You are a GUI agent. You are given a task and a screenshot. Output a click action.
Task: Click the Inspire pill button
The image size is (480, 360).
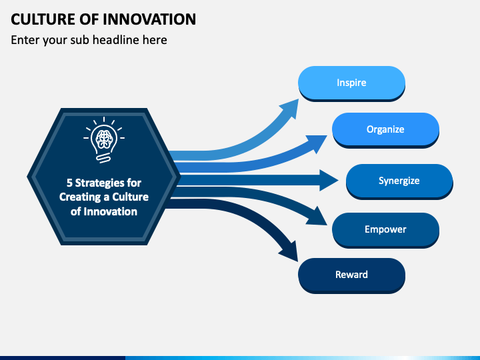[x=351, y=83]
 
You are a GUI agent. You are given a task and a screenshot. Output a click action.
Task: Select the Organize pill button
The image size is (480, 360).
[x=385, y=130]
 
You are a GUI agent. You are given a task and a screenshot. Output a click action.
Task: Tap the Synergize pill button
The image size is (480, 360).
[x=399, y=181]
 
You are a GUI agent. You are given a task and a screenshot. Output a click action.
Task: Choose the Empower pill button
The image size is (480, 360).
[x=385, y=230]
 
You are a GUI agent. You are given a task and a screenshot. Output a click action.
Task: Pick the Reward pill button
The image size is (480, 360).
[x=351, y=275]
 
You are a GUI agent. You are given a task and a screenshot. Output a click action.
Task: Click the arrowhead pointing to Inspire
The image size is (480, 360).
[x=291, y=108]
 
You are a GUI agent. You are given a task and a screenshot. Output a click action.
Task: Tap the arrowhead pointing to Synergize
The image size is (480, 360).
[x=327, y=180]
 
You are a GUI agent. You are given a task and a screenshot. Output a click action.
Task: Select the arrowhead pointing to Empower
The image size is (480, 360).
[x=318, y=217]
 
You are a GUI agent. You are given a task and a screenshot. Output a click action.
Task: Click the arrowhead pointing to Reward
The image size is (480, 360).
[x=290, y=251]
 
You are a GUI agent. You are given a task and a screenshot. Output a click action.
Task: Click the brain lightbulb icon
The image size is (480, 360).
[x=104, y=139]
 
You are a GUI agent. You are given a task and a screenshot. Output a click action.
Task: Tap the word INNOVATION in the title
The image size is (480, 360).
[x=149, y=19]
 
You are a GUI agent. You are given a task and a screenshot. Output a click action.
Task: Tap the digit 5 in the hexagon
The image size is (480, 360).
[x=69, y=183]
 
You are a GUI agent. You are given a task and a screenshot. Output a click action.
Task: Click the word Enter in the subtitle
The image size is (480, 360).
[x=25, y=40]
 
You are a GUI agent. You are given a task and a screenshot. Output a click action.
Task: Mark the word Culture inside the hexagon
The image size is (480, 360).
[x=131, y=197]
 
